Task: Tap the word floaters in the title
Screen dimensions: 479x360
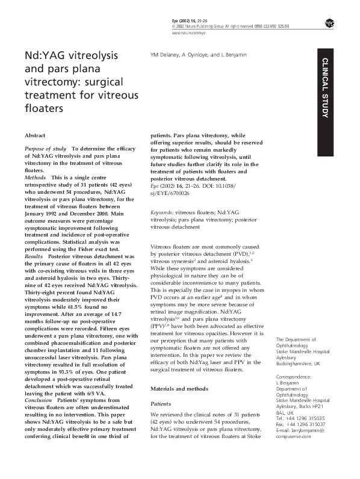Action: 43,109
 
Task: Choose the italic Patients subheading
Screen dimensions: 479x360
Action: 160,386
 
